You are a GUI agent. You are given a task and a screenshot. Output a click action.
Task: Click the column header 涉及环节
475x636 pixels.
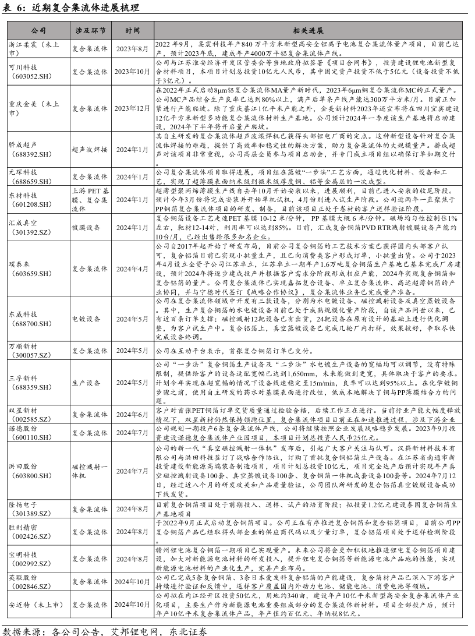90,30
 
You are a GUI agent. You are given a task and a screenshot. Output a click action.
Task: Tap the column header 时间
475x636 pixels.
132,30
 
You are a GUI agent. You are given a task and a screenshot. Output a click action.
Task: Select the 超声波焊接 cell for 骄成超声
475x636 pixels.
90,150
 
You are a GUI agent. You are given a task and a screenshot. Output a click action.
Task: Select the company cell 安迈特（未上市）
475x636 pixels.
35,604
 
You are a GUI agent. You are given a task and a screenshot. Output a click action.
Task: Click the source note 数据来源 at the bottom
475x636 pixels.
105,630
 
